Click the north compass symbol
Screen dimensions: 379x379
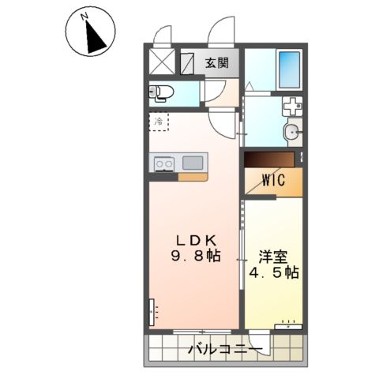[91, 32]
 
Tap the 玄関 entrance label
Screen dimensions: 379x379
[218, 63]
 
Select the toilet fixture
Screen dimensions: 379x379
[162, 93]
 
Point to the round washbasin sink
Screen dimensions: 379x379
[291, 132]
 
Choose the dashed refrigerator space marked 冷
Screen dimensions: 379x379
[159, 122]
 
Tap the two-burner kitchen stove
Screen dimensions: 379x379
[164, 163]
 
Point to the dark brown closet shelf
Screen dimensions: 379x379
[268, 159]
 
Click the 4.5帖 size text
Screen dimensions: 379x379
[272, 273]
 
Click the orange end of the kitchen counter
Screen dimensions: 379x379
[193, 176]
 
